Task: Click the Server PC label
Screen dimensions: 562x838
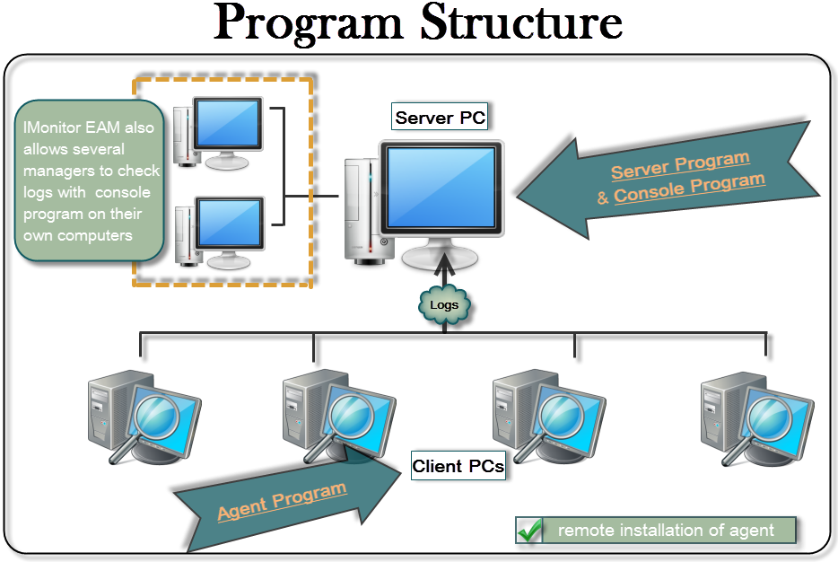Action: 440,118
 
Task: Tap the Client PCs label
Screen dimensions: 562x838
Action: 458,466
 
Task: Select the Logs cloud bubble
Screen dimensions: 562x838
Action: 444,305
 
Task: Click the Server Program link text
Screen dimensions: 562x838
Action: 679,165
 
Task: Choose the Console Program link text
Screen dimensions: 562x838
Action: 689,186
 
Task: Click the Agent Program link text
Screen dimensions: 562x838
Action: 282,501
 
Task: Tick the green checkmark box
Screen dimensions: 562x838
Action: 530,531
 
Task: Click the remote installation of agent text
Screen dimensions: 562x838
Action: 666,531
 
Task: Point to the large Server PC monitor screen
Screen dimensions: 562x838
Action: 440,194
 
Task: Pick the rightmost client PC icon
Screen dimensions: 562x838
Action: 755,417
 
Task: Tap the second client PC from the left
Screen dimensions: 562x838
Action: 336,415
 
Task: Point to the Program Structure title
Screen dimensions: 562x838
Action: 420,24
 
